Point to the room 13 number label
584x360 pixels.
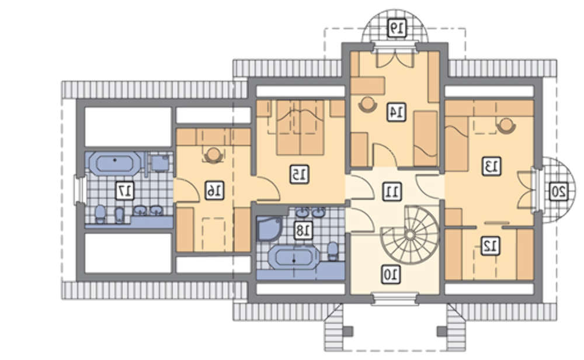pos(492,167)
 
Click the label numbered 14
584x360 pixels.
pos(397,112)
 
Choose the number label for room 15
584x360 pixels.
pos(300,174)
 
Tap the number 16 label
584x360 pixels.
pos(214,191)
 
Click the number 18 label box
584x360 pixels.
pos(303,231)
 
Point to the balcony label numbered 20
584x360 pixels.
pos(559,192)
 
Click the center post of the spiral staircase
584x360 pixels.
pos(410,234)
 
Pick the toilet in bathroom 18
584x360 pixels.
pos(333,251)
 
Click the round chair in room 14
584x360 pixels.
pos(367,103)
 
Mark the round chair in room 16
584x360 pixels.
pos(213,155)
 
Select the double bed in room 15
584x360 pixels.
pos(300,127)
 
